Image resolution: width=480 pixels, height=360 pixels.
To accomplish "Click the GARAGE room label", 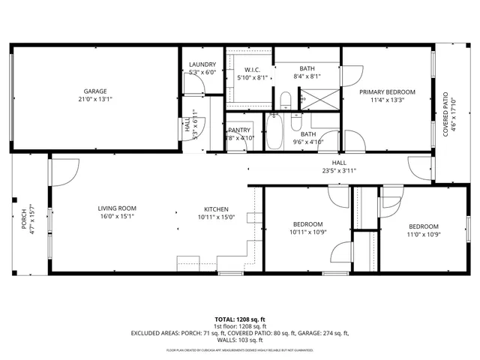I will [x=94, y=89].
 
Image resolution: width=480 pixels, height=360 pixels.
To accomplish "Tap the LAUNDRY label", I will [x=202, y=65].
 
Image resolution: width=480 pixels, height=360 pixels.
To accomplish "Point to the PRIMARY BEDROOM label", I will [x=386, y=92].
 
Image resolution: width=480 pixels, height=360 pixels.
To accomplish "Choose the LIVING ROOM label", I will [x=116, y=209].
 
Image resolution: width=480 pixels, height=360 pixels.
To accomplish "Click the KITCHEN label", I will [x=216, y=209].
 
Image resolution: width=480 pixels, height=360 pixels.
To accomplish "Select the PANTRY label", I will [x=240, y=130].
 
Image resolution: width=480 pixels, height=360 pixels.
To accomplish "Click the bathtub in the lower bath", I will [x=274, y=133].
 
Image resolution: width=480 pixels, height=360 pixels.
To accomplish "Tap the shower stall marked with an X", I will [x=310, y=98].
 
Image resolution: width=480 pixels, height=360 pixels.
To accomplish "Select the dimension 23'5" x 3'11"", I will [x=339, y=170].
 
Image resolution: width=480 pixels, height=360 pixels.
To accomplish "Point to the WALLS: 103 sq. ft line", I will [x=239, y=340].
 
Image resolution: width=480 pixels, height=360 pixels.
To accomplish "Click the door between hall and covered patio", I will [x=420, y=166].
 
